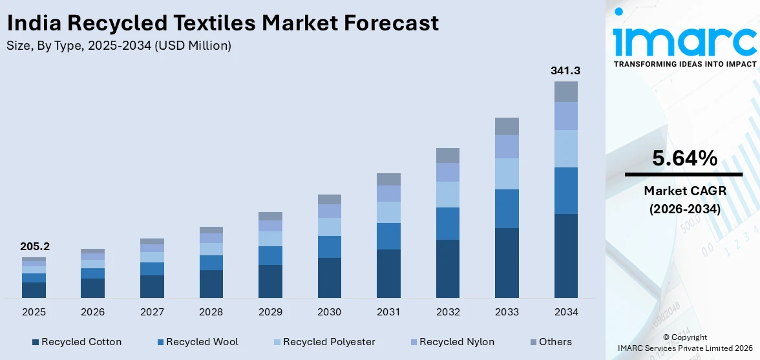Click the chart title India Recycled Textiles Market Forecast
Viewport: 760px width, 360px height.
pyautogui.click(x=223, y=23)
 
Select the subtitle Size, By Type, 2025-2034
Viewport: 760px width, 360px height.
pyautogui.click(x=119, y=45)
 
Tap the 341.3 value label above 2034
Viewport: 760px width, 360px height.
pyautogui.click(x=565, y=70)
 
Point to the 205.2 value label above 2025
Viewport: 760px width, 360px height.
pyautogui.click(x=34, y=246)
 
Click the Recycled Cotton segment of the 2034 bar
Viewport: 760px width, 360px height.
pyautogui.click(x=565, y=255)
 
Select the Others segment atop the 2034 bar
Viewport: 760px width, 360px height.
pyautogui.click(x=565, y=91)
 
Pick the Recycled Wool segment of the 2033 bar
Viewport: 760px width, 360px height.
pyautogui.click(x=507, y=208)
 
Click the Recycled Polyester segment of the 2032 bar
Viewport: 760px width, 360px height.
pyautogui.click(x=447, y=194)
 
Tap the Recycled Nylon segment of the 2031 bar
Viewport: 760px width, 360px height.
pyautogui.click(x=388, y=193)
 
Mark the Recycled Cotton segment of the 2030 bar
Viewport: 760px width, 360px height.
pyautogui.click(x=329, y=277)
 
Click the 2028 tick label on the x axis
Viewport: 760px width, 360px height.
pyautogui.click(x=211, y=312)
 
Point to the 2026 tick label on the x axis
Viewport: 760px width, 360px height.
pyautogui.click(x=92, y=312)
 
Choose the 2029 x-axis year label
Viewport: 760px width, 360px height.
pyautogui.click(x=270, y=312)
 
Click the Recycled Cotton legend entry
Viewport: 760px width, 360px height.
pyautogui.click(x=76, y=342)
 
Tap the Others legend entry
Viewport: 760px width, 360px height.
pyautogui.click(x=551, y=342)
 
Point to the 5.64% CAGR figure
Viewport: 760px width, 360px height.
pyautogui.click(x=684, y=158)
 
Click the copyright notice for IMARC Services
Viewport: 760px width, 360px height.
pyautogui.click(x=684, y=343)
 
